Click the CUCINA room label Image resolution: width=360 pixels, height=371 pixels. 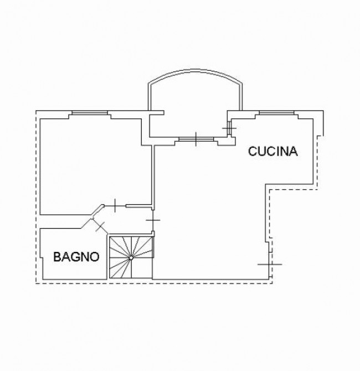click(x=273, y=151)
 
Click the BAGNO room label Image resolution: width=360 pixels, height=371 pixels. click(x=76, y=257)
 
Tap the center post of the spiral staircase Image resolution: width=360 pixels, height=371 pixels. click(x=131, y=258)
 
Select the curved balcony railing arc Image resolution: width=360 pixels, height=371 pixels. click(x=196, y=70)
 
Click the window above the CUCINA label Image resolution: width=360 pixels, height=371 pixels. click(x=277, y=112)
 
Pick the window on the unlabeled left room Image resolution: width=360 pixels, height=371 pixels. click(x=90, y=113)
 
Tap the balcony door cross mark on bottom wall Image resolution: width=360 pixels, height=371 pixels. click(x=196, y=139)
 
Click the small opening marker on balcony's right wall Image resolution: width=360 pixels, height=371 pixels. click(x=229, y=128)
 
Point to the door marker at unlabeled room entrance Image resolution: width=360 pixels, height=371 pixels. click(x=115, y=205)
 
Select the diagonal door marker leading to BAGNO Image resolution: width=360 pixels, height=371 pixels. click(x=100, y=226)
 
